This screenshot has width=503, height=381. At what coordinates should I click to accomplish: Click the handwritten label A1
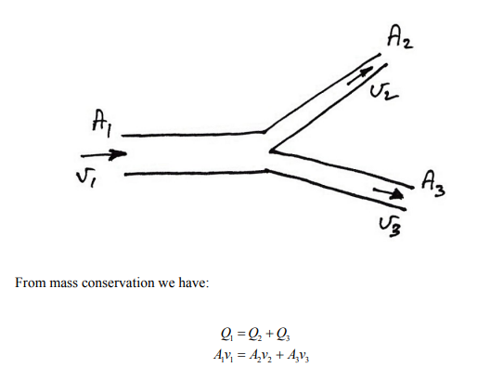coord(102,124)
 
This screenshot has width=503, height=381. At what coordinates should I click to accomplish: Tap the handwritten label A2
coord(400,37)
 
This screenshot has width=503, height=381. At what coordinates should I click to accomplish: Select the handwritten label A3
coord(433,184)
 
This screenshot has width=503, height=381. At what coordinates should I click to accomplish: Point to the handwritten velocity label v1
coord(86,178)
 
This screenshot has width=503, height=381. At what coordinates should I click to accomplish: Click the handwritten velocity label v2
coord(383,92)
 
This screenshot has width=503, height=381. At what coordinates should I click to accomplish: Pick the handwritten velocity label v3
coord(390,227)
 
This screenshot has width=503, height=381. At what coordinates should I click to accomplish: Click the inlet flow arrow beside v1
coord(104,154)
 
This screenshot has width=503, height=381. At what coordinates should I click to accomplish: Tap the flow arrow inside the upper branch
coord(361,75)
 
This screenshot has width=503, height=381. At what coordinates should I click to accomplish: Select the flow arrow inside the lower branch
coord(388,193)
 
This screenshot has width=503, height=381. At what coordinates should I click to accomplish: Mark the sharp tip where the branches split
coord(270,151)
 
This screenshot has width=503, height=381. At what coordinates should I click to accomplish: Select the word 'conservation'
coord(118,283)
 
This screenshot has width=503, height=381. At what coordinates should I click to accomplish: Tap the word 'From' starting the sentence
coord(30,282)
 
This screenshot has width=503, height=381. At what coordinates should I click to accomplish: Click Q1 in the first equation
coord(227,335)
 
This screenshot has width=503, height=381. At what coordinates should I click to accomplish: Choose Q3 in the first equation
coord(283,335)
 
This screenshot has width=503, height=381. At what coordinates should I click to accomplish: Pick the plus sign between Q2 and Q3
coord(269,335)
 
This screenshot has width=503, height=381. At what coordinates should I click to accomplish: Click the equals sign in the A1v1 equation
coord(242,355)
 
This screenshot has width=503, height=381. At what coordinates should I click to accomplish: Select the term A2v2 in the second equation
coord(261,356)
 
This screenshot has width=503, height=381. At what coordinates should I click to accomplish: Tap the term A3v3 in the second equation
coord(298,356)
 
